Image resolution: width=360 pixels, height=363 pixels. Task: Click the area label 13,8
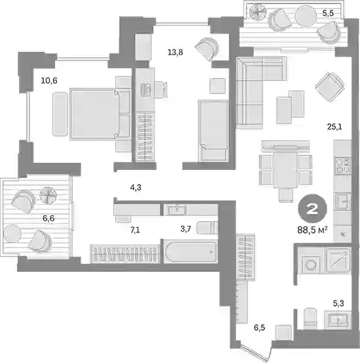click(175, 53)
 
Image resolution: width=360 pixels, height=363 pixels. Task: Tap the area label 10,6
click(49, 81)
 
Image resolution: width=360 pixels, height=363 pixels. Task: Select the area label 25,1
click(334, 127)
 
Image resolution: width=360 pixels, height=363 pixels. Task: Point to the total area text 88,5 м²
click(312, 230)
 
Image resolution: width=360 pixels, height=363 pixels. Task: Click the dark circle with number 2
click(312, 209)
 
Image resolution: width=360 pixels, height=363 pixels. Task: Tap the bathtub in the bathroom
click(191, 251)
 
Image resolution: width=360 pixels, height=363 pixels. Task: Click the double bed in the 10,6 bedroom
click(100, 114)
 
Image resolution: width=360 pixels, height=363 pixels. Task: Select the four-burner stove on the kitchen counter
click(343, 166)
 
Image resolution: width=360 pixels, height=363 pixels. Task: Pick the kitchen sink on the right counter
click(343, 202)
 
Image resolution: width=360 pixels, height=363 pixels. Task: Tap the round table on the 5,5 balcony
click(306, 16)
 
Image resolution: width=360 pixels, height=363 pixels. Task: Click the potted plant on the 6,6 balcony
click(48, 196)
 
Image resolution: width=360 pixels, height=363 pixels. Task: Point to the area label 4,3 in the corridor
click(136, 188)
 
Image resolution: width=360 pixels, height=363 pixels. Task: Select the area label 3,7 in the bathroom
click(186, 229)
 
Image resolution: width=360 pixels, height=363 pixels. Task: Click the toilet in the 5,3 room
click(310, 318)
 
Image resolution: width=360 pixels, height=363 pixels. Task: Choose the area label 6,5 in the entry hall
click(260, 328)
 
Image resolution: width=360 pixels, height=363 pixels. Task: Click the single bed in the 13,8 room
click(213, 131)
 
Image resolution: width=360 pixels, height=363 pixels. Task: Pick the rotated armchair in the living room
click(330, 87)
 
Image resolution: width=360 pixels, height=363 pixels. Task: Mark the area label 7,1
click(135, 230)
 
